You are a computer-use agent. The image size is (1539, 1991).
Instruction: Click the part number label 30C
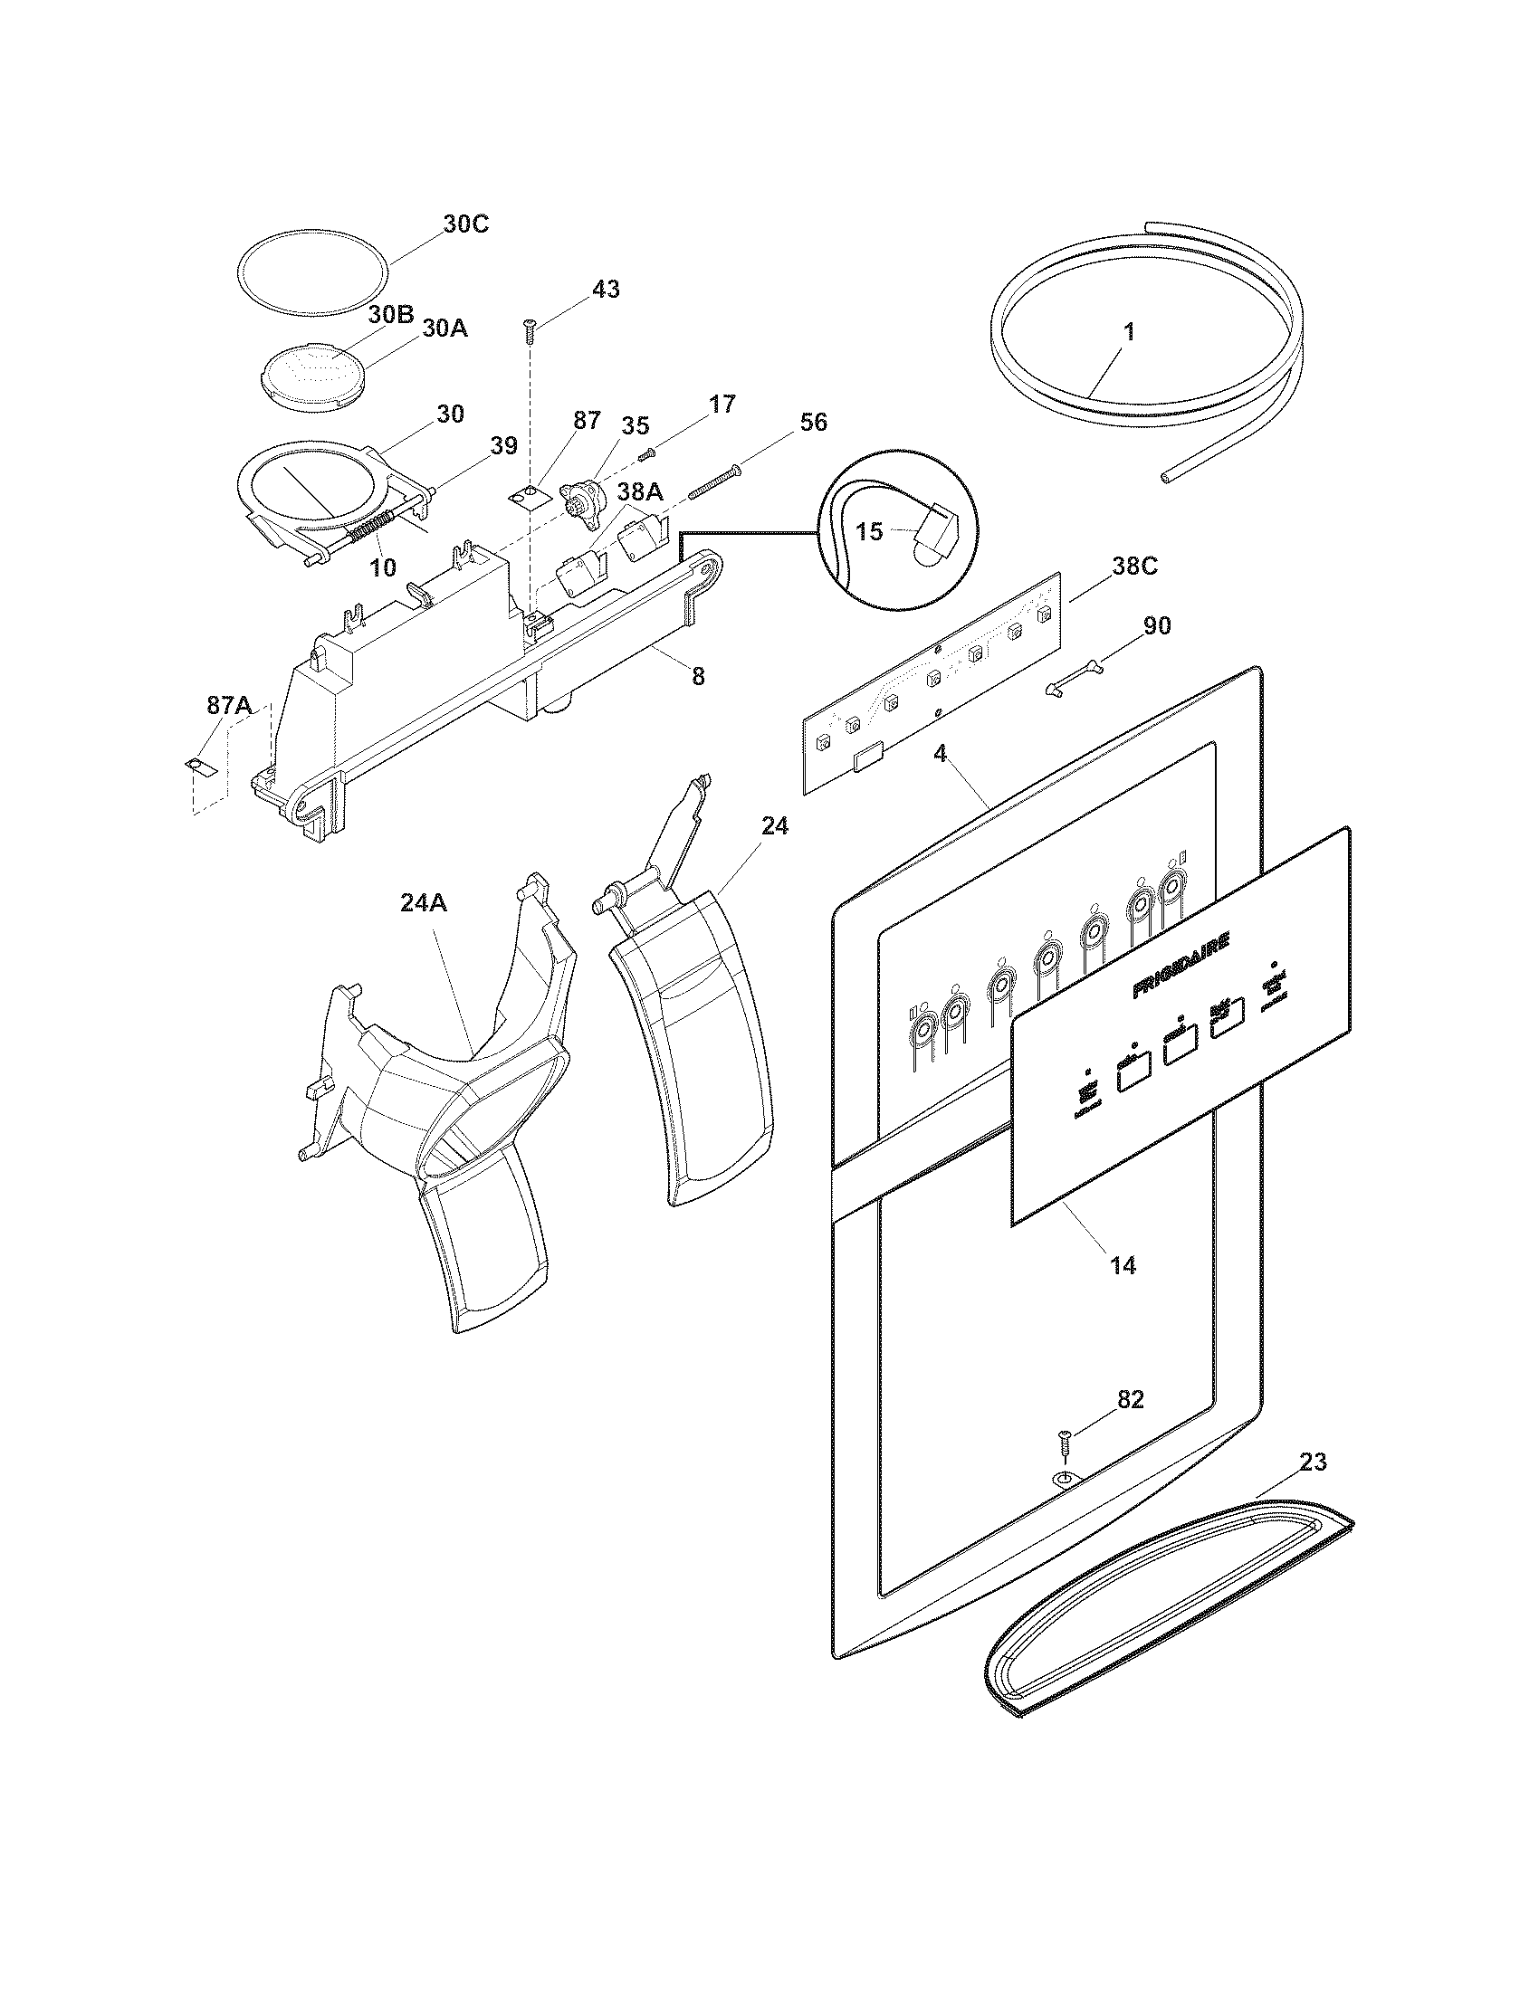(466, 224)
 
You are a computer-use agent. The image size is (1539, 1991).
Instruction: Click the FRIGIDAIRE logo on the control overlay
(1181, 965)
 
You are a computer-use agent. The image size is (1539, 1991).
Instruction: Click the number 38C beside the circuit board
(1134, 567)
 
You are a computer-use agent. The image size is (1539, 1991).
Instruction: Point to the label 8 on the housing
(697, 675)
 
